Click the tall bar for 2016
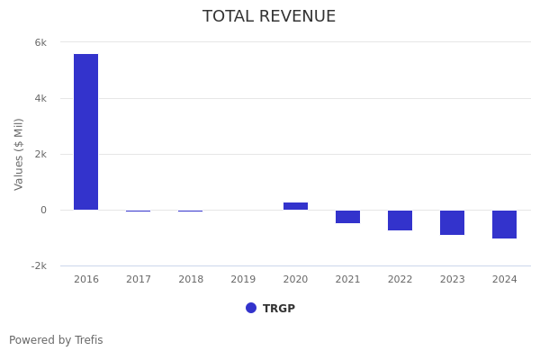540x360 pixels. tap(85, 131)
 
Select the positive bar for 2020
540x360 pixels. tap(295, 206)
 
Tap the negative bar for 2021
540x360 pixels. tap(347, 217)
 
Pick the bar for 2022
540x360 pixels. tap(400, 220)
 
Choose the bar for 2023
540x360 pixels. tap(452, 222)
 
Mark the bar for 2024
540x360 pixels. tap(504, 224)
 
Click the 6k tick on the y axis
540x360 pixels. tap(40, 42)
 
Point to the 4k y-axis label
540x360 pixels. tap(40, 98)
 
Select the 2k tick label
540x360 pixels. tap(40, 154)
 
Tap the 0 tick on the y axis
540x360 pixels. tap(43, 210)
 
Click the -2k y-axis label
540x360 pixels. tap(39, 265)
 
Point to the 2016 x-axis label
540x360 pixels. tap(86, 280)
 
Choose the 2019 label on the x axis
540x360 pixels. tap(243, 280)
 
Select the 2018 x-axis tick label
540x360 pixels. tap(191, 280)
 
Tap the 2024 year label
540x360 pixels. tap(504, 280)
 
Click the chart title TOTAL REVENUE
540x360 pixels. tap(269, 16)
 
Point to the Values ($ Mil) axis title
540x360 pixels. tap(19, 154)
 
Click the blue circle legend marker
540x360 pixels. tap(251, 308)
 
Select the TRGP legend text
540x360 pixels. tap(279, 309)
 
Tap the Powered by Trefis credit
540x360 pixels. tap(56, 340)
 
